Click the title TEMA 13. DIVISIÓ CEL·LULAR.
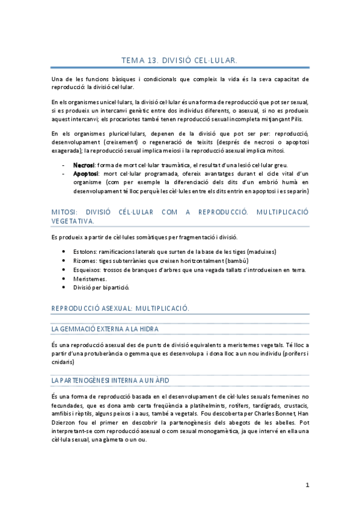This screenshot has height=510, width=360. [x=180, y=61]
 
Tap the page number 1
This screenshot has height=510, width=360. [x=307, y=485]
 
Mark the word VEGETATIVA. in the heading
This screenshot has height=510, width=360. [x=73, y=221]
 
